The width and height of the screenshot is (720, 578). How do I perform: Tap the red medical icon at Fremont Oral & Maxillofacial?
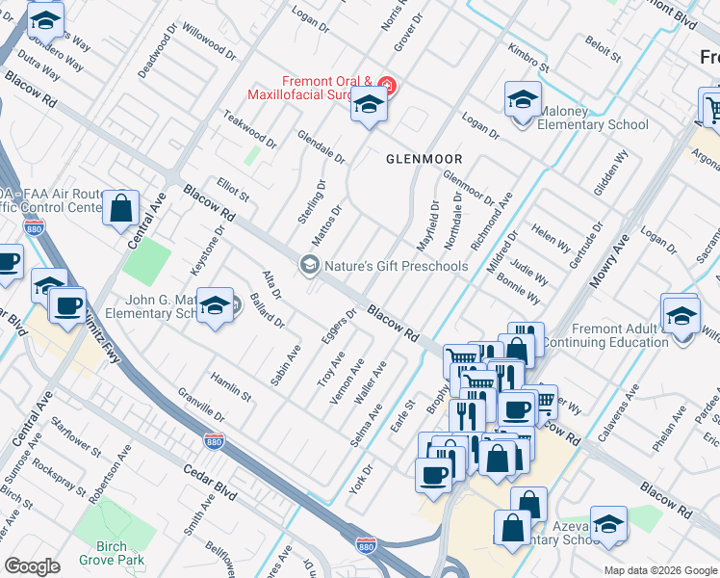pyautogui.click(x=387, y=84)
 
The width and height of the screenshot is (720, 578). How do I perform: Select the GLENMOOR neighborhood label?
pyautogui.click(x=424, y=158)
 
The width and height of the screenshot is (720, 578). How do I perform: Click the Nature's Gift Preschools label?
pyautogui.click(x=396, y=266)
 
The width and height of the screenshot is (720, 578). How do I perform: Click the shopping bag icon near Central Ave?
pyautogui.click(x=121, y=208)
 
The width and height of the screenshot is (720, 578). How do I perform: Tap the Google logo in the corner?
pyautogui.click(x=32, y=566)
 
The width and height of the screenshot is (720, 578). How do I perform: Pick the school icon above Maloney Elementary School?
pyautogui.click(x=522, y=100)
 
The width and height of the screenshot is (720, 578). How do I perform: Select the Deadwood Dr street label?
pyautogui.click(x=159, y=54)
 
